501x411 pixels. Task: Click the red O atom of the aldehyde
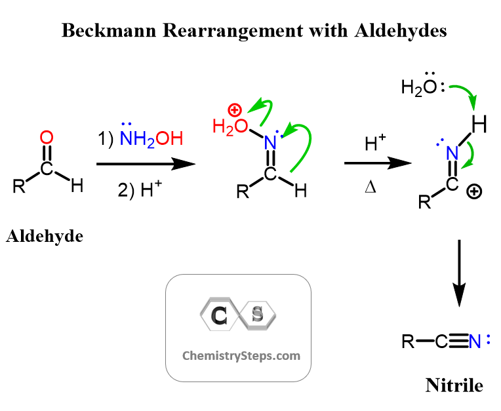46,138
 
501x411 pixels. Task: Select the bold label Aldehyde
45,236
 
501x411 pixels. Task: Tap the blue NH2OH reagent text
150,139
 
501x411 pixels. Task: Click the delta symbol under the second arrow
370,189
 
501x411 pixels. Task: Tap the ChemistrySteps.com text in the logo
241,356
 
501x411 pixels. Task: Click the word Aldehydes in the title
404,30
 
